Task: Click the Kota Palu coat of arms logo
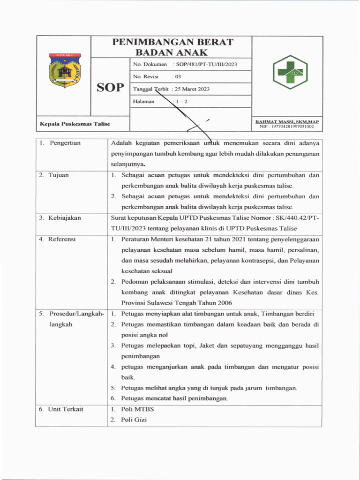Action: click(x=65, y=70)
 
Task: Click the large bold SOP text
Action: click(x=110, y=88)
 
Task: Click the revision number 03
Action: click(x=178, y=76)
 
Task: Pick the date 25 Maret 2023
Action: click(x=192, y=89)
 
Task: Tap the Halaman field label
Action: click(x=144, y=101)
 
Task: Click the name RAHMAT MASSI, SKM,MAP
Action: click(x=287, y=121)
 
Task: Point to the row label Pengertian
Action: click(x=65, y=143)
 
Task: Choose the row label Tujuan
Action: click(x=59, y=175)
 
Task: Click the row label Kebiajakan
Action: click(x=65, y=218)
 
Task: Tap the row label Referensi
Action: click(x=63, y=239)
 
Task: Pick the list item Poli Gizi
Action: click(x=134, y=420)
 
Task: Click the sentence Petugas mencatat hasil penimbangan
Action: click(x=174, y=398)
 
